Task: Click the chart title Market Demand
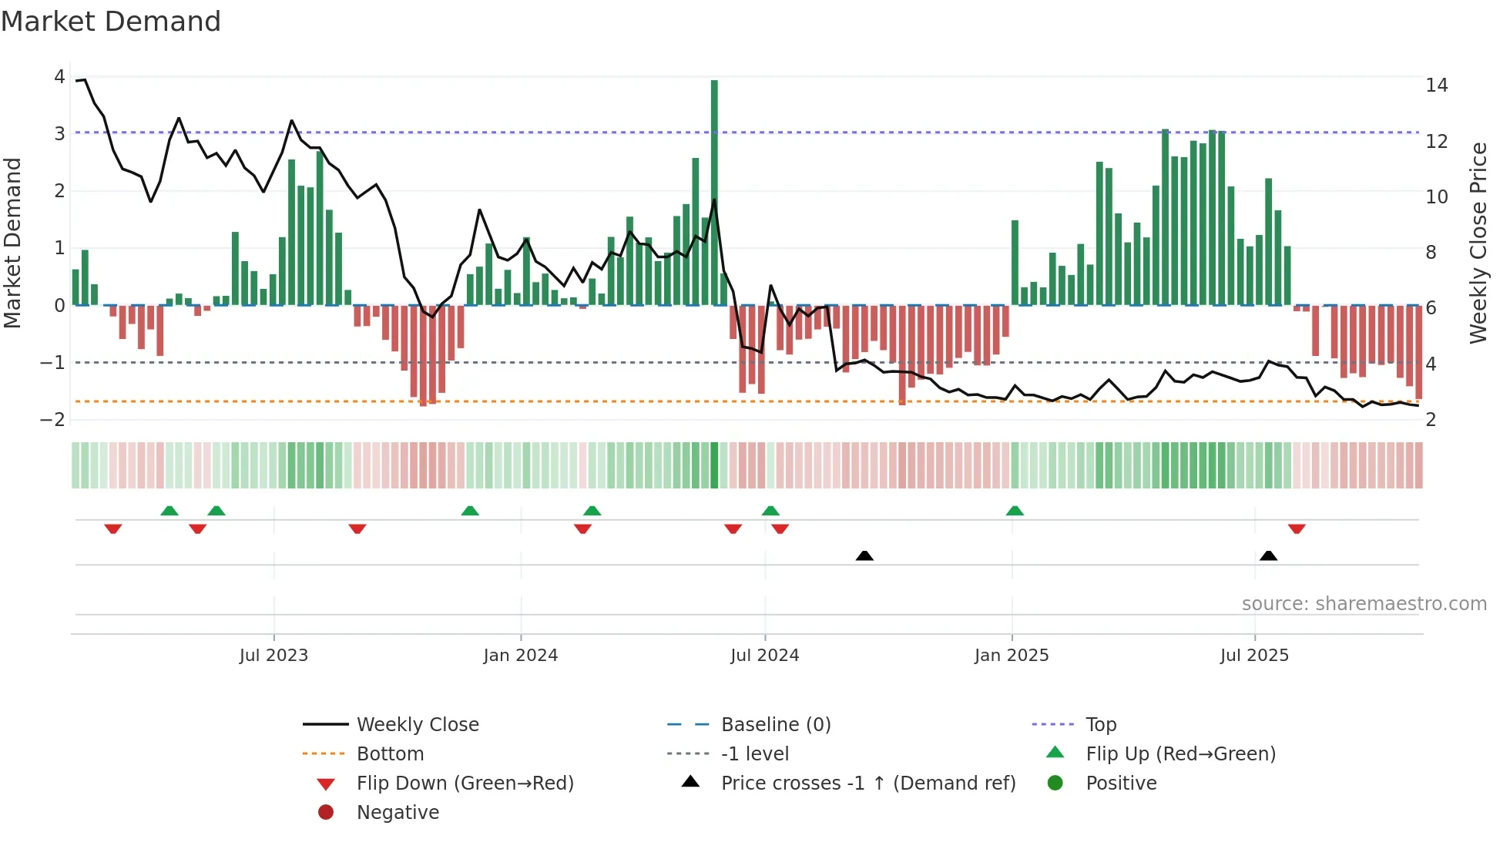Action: coord(111,22)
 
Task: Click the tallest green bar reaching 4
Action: coord(714,193)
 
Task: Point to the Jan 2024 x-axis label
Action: coord(520,656)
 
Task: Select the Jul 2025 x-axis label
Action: coord(1254,656)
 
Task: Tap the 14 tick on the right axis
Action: coord(1436,86)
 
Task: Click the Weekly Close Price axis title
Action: coord(1478,243)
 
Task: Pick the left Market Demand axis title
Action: coord(12,243)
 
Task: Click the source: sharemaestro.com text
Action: coord(1364,604)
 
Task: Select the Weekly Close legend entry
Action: coord(417,725)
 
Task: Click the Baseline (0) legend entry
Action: coord(775,725)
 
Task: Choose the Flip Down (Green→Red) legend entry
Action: coord(465,784)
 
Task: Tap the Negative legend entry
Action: coord(398,813)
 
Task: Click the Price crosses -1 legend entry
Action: coord(867,784)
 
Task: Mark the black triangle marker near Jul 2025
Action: coord(1268,555)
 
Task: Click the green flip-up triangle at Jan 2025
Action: coord(1015,511)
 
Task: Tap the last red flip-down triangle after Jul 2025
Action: coord(1297,529)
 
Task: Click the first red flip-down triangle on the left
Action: coord(113,529)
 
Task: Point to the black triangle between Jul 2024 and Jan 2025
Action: coord(864,555)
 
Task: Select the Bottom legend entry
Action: coord(390,754)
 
